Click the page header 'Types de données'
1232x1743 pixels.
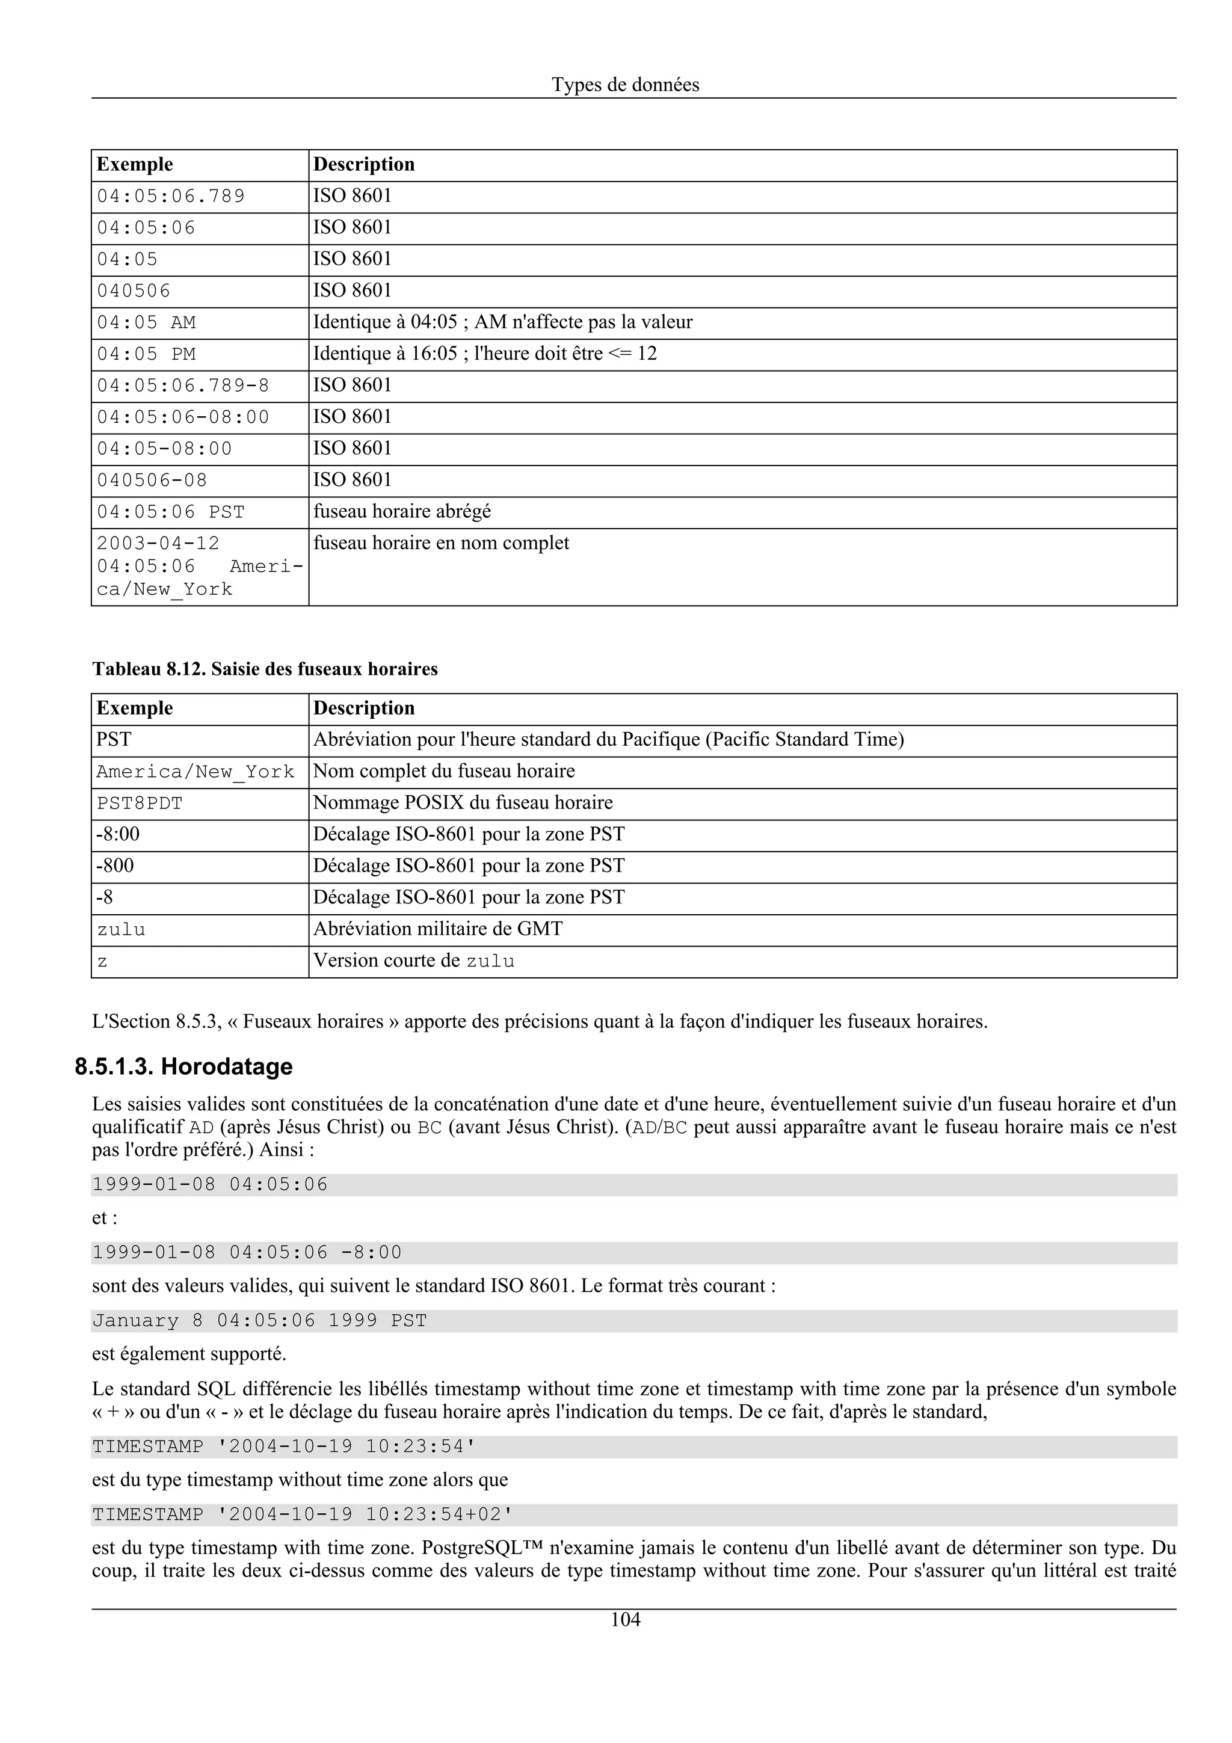tap(625, 85)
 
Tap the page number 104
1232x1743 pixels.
tap(625, 1620)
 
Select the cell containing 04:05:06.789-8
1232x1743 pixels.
tap(183, 386)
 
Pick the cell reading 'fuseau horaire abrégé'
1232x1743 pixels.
tap(402, 512)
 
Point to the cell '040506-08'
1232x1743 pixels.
tap(152, 481)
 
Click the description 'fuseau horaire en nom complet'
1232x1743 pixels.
tap(441, 544)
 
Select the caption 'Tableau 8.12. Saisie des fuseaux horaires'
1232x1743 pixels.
tap(265, 669)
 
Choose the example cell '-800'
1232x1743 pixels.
tap(115, 866)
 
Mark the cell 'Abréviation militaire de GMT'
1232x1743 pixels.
tap(438, 929)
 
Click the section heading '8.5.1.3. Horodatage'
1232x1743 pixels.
tap(183, 1066)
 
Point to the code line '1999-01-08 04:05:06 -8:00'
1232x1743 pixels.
tap(247, 1253)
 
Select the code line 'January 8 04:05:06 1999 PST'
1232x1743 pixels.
tap(260, 1321)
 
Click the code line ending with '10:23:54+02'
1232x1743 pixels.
tap(303, 1515)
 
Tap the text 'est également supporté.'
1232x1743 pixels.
tap(189, 1353)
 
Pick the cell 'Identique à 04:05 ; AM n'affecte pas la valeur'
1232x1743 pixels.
tap(502, 322)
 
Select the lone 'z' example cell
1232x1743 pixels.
tap(102, 962)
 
